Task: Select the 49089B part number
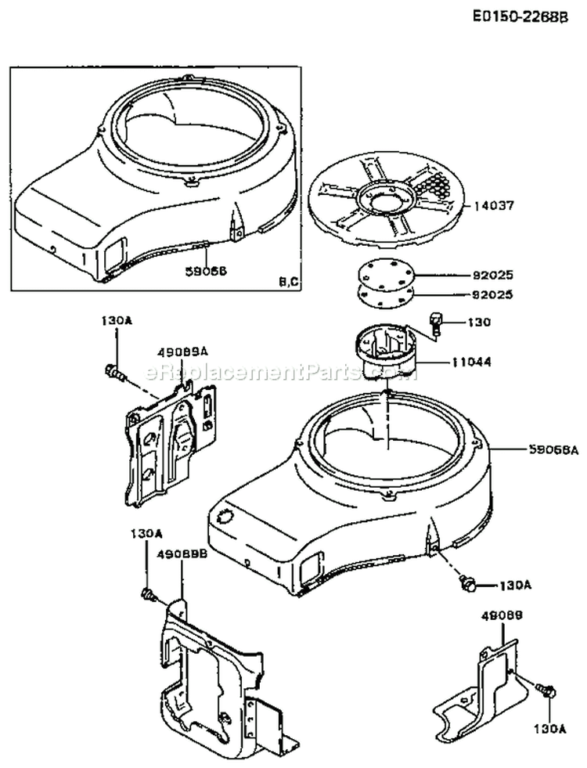click(x=182, y=554)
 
